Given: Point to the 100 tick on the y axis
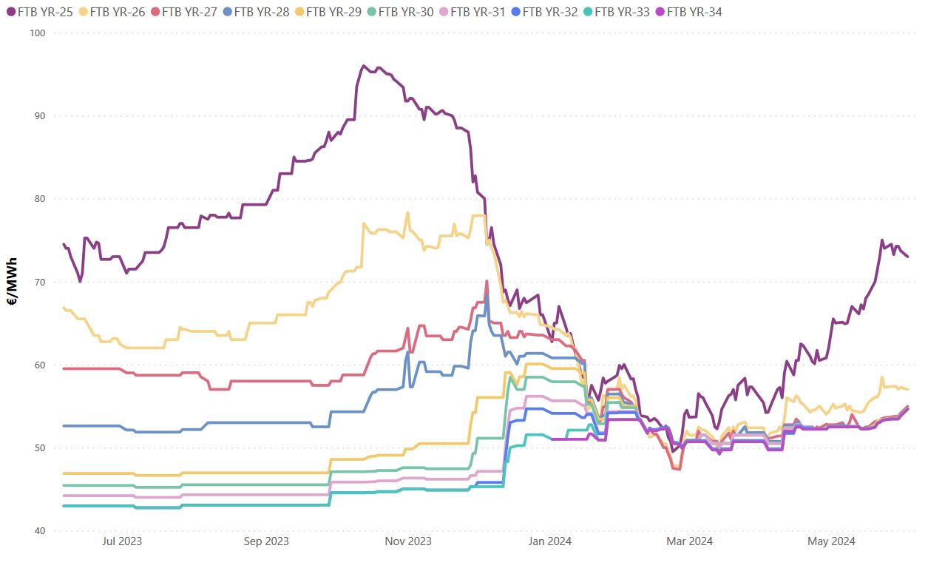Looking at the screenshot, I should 37,33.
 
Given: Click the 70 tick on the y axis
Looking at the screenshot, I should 39,282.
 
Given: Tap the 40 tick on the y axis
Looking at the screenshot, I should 39,531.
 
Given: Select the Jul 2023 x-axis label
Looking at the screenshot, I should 121,541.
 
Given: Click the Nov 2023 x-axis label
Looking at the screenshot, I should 408,541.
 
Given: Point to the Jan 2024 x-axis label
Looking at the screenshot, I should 548,541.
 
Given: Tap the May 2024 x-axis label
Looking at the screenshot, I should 831,541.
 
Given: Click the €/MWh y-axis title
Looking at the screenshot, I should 13,282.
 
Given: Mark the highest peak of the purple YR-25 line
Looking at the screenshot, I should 363,66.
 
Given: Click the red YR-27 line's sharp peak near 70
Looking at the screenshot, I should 487,281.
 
